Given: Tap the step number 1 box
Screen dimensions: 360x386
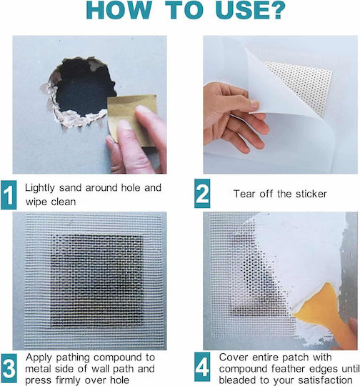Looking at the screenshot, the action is [x=9, y=195].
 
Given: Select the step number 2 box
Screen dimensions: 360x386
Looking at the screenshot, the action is [x=202, y=194].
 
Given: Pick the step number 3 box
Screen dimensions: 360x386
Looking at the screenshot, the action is [x=9, y=368].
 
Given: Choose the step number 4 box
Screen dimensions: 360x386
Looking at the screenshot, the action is [x=202, y=367].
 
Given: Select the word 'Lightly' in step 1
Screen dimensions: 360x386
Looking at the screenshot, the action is [x=40, y=188].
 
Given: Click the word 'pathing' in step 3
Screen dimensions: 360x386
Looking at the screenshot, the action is [x=73, y=358].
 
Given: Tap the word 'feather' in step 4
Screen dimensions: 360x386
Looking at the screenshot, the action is [x=288, y=369].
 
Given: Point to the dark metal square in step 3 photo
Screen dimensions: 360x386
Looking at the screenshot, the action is [x=96, y=281].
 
